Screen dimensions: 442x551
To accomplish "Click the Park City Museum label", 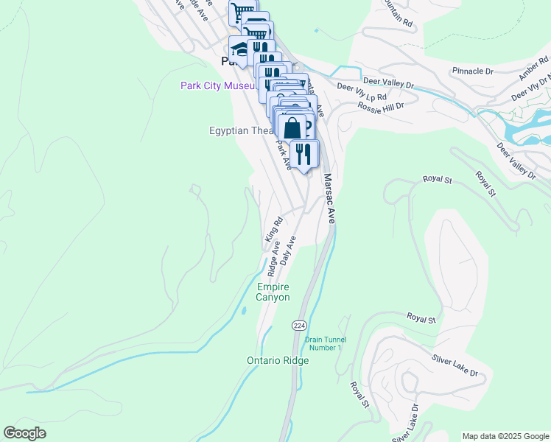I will coord(217,86).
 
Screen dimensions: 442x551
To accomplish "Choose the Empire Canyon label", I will coord(273,292).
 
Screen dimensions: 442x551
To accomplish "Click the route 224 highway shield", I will coord(299,325).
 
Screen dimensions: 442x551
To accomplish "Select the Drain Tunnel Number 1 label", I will coord(324,343).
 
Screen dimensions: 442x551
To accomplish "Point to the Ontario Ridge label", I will coord(278,360).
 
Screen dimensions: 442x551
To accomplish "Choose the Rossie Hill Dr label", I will coord(381,106).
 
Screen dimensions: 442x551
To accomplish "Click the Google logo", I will coord(25,433).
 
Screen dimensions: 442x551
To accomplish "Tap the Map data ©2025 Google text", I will coord(505,435).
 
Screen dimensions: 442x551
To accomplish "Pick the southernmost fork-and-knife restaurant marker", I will coord(303,153).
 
